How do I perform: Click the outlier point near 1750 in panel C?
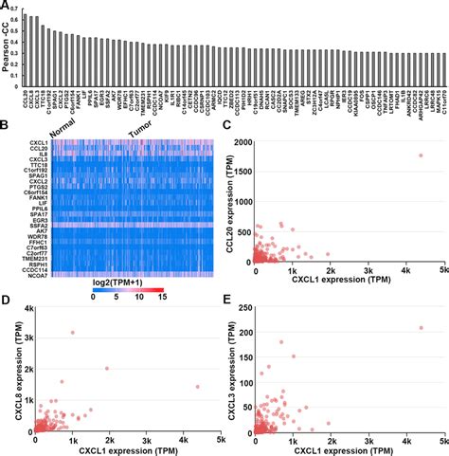pos(420,155)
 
